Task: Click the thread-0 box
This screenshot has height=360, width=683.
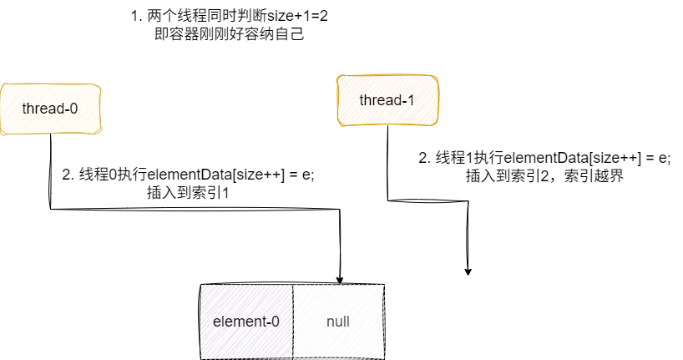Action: [x=51, y=108]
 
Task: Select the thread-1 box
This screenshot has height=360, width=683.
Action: [x=387, y=101]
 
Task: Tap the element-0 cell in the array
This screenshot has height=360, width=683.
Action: [x=246, y=322]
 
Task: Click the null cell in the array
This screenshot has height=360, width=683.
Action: [x=338, y=322]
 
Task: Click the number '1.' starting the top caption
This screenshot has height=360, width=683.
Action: [x=138, y=17]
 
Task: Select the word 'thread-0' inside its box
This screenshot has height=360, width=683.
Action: [x=51, y=109]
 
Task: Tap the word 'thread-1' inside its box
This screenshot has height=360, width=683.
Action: [x=387, y=101]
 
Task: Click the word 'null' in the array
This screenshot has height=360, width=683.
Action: [x=338, y=322]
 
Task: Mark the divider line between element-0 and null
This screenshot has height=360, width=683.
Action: [x=292, y=322]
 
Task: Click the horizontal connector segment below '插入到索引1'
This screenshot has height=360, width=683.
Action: [x=192, y=209]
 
